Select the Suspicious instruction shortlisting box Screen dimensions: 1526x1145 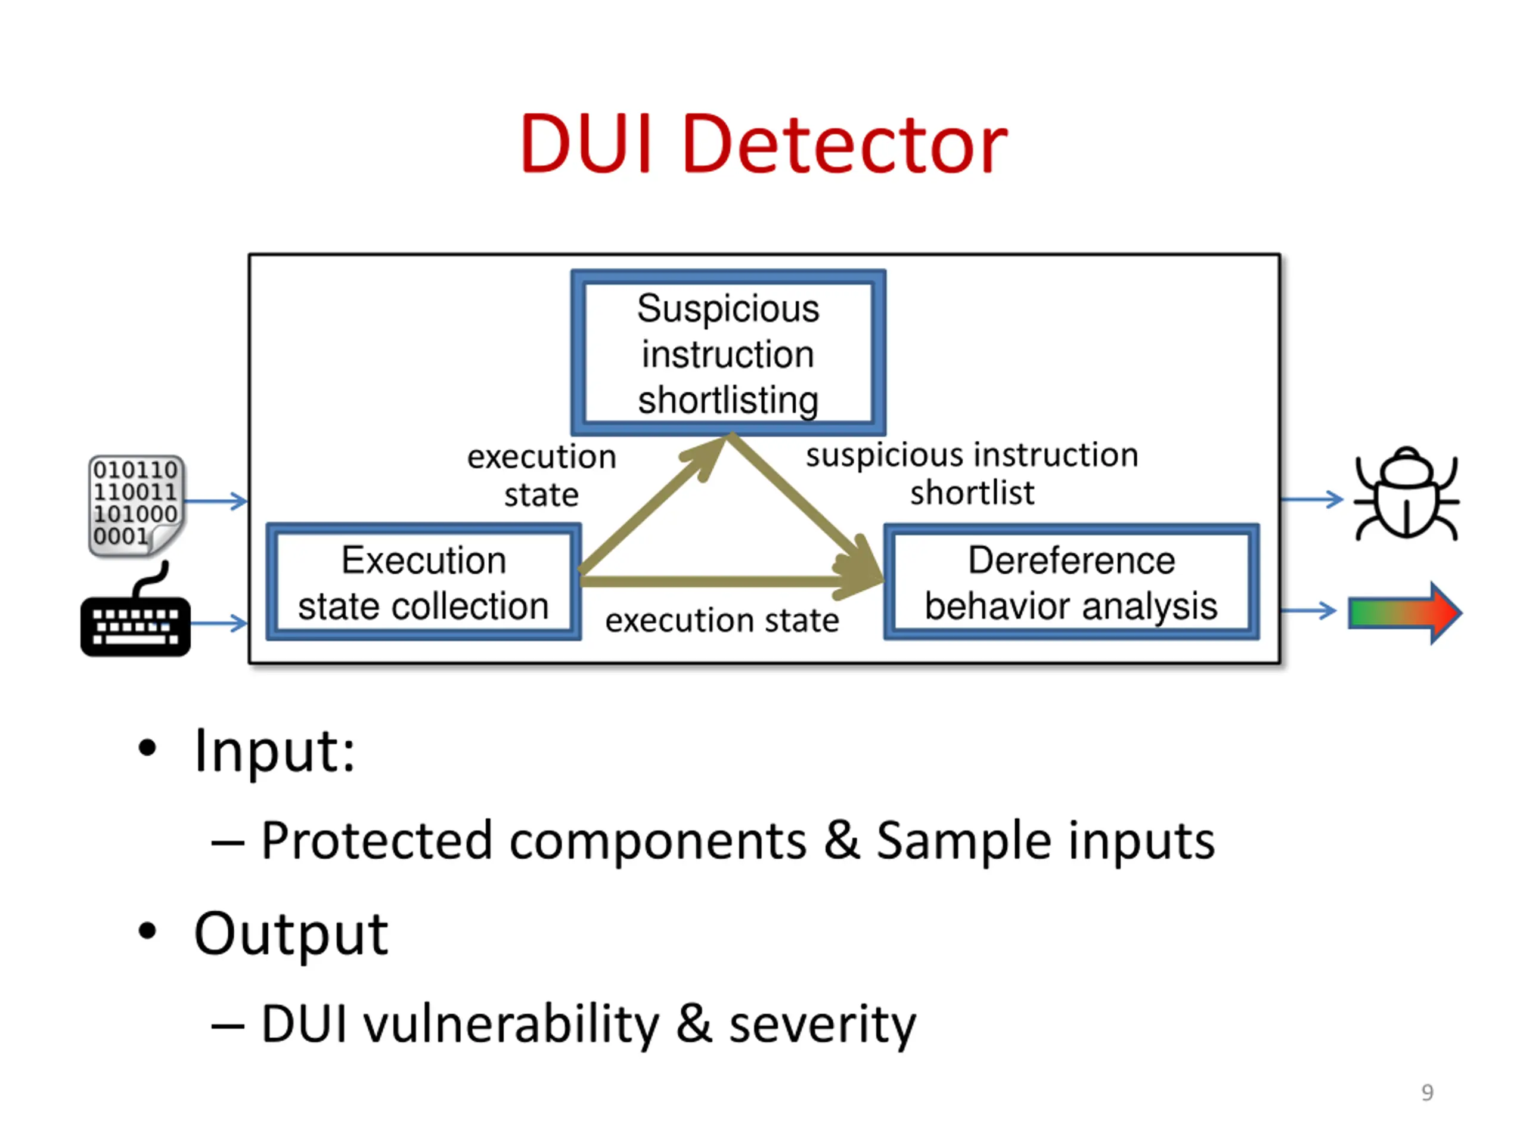(x=728, y=352)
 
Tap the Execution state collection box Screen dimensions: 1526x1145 (x=424, y=582)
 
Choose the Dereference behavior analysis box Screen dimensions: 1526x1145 (x=1071, y=582)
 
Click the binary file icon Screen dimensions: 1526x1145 (x=136, y=506)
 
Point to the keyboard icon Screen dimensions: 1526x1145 (x=135, y=610)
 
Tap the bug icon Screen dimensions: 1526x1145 (x=1407, y=493)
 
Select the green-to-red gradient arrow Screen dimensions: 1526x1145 (x=1405, y=613)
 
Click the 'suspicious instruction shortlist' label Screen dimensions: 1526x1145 (x=972, y=474)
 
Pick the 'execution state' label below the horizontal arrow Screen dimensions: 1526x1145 (x=722, y=620)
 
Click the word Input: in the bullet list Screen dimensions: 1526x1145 (x=275, y=751)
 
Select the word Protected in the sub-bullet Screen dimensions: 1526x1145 (x=377, y=841)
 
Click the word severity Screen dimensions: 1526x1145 (x=823, y=1024)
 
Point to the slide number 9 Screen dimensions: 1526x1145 (x=1428, y=1093)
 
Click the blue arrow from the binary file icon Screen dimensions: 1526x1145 (x=216, y=501)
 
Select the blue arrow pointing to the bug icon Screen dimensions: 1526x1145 (x=1312, y=499)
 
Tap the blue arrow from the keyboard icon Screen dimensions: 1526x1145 (x=219, y=623)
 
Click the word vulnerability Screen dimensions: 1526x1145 (x=511, y=1024)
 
